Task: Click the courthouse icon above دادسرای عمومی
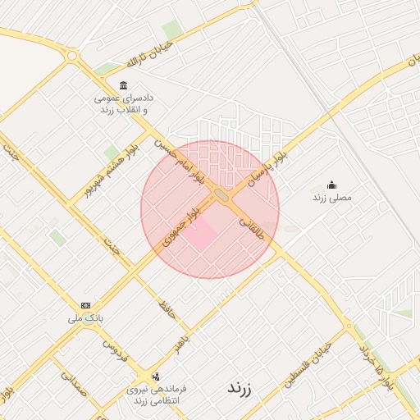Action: tap(123, 86)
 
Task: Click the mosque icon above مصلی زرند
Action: tap(331, 185)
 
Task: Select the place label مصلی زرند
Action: tap(331, 199)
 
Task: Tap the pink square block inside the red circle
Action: tap(199, 235)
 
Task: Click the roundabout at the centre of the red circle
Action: tap(221, 195)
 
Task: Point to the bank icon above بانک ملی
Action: tap(86, 305)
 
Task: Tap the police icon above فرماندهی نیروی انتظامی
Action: tap(156, 377)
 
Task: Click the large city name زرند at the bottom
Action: tap(244, 389)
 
